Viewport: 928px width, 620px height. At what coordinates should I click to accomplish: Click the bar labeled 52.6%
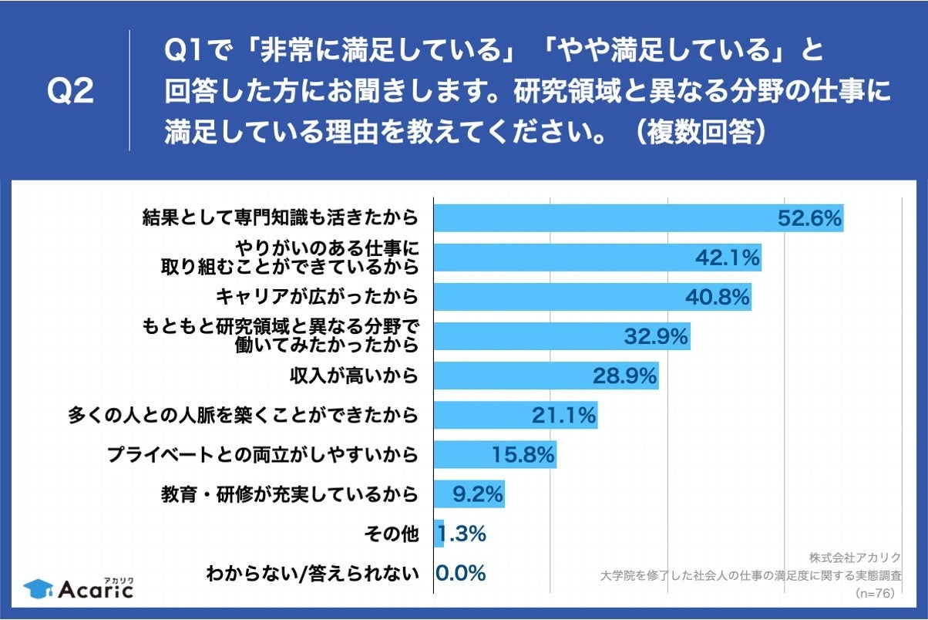tap(638, 218)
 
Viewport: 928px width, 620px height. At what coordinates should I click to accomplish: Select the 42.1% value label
tap(728, 258)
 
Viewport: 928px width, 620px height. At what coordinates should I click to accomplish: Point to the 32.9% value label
tap(656, 337)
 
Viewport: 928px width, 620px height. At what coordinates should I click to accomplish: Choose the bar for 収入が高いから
tap(546, 376)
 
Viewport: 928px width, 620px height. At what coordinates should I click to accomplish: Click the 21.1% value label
tap(563, 416)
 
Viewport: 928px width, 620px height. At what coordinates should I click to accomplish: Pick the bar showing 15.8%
tap(495, 455)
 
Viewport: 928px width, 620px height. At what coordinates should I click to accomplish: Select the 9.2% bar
tap(469, 494)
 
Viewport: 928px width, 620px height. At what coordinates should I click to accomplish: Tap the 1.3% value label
tap(462, 534)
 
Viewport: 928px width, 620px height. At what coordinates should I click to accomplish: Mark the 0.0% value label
tap(461, 573)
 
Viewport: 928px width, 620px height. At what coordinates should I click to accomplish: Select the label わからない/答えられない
tap(312, 573)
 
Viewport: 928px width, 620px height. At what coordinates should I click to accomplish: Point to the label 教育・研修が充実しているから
tap(290, 494)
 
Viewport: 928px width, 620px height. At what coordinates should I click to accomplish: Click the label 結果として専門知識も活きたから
tap(281, 218)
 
